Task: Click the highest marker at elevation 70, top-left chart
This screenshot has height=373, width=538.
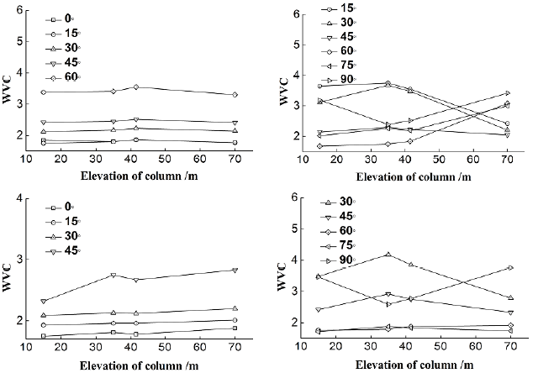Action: coord(235,94)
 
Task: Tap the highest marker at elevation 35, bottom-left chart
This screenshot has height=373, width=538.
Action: coord(113,275)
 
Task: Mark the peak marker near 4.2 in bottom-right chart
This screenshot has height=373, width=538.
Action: coord(388,254)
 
